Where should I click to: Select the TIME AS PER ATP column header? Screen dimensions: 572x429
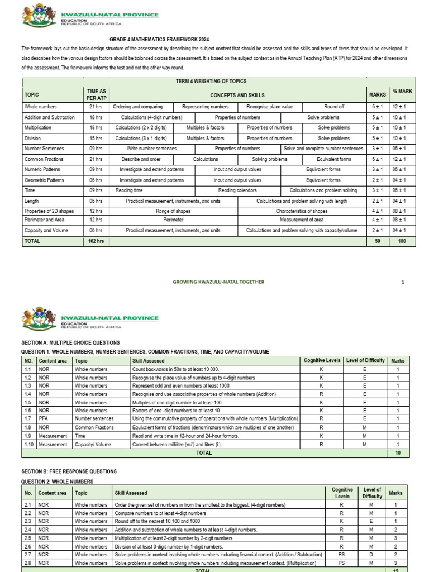click(96, 95)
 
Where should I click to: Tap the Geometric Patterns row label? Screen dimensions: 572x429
click(44, 180)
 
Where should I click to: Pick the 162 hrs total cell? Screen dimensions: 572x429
click(96, 241)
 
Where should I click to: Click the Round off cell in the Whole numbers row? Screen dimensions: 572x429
click(334, 107)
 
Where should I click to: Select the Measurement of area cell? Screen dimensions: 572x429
click(302, 220)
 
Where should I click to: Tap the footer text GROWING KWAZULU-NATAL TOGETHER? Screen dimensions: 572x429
click(218, 282)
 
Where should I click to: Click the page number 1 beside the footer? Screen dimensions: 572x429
click(402, 282)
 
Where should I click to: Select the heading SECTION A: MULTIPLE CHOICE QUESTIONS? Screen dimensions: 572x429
click(70, 342)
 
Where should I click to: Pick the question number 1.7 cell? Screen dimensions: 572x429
click(28, 418)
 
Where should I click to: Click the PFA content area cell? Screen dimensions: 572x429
click(44, 418)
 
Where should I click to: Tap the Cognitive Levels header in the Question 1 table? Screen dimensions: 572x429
click(321, 360)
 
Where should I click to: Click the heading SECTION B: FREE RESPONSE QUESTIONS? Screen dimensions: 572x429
click(69, 471)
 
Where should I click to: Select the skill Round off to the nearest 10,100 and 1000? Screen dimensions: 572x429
click(162, 521)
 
